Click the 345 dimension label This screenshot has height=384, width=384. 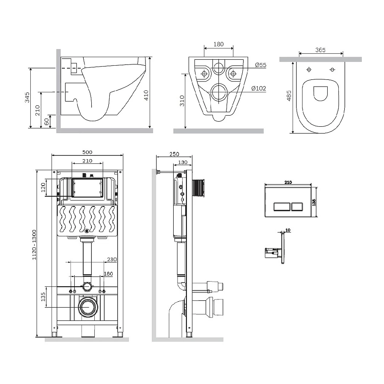(27, 97)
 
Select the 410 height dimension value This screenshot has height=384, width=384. (146, 95)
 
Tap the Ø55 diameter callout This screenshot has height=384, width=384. (261, 65)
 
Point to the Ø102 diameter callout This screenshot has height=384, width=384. (259, 88)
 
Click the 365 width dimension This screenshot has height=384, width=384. (320, 50)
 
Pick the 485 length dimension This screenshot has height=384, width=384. (289, 96)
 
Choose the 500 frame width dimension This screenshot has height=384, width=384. (87, 152)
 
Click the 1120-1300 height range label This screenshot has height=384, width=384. (34, 245)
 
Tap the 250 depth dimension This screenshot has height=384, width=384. (174, 154)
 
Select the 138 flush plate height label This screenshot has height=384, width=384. (314, 202)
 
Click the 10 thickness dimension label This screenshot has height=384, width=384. (288, 230)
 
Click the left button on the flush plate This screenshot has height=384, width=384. (282, 207)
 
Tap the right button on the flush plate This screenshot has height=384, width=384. (297, 207)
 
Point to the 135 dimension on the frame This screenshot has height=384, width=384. (43, 297)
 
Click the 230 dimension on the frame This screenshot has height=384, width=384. (112, 259)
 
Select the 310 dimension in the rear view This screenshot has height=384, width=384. (182, 101)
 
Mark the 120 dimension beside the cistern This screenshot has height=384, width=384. (44, 187)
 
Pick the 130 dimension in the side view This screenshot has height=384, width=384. (183, 162)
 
